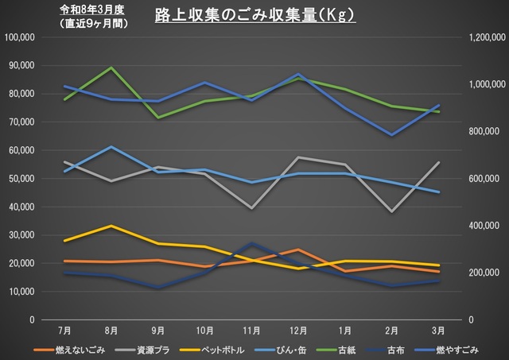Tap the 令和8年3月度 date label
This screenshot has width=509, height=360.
93,10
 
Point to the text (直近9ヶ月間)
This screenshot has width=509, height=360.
94,23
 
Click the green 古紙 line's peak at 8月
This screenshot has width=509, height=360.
111,68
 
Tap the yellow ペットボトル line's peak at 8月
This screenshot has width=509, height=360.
111,226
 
